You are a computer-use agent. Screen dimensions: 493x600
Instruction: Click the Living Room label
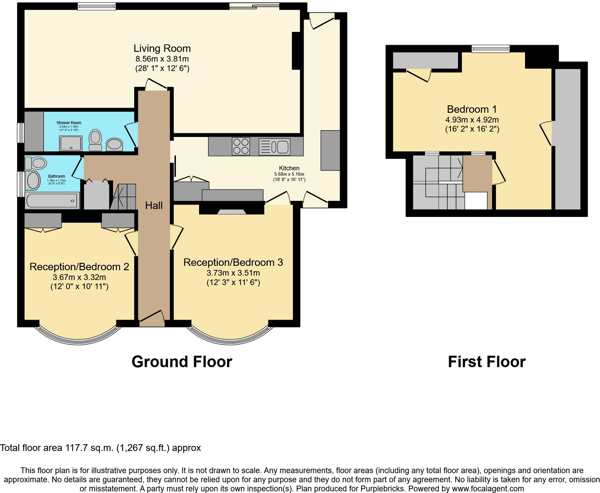pos(162,48)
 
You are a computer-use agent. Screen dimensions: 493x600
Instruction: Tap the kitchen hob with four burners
pos(241,146)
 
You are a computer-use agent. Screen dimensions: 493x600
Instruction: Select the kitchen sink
pos(274,147)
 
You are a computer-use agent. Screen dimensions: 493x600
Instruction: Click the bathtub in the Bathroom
pos(52,200)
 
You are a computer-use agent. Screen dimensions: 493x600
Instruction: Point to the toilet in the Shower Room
pos(96,140)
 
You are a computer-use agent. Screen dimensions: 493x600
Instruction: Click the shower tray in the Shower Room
pos(70,143)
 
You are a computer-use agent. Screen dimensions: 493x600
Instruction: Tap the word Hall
pos(154,205)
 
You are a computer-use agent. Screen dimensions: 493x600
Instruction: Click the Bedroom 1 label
pos(472,109)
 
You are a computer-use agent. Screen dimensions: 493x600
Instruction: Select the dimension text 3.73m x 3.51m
pos(233,273)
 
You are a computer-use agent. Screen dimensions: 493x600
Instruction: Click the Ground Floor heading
pos(182,362)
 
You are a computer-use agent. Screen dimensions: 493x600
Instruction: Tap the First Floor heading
pos(486,362)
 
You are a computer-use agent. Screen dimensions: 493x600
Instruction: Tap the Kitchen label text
pos(289,168)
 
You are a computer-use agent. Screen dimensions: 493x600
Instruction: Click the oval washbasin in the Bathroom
pos(33,180)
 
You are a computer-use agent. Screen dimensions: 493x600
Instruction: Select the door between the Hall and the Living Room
pos(156,84)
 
